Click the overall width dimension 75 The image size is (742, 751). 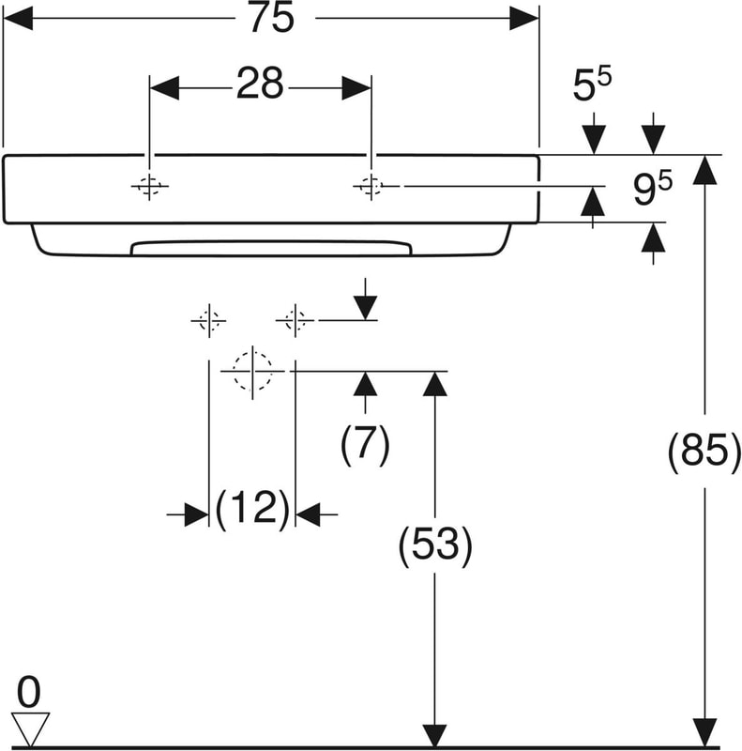(271, 19)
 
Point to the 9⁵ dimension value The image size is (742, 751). (651, 191)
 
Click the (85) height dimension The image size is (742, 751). (698, 453)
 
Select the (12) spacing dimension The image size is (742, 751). (251, 509)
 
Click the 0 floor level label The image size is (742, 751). (30, 694)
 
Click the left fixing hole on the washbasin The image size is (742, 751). (149, 187)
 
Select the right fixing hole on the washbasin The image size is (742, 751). (371, 187)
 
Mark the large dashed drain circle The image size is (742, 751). (252, 371)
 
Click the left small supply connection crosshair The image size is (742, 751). (208, 321)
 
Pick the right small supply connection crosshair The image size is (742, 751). (295, 321)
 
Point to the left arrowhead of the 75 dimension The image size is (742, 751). (19, 19)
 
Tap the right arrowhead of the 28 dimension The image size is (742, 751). (356, 87)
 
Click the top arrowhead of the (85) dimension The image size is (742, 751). (704, 170)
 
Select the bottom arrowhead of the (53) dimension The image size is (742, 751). (434, 735)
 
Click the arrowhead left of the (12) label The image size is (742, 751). (195, 514)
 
